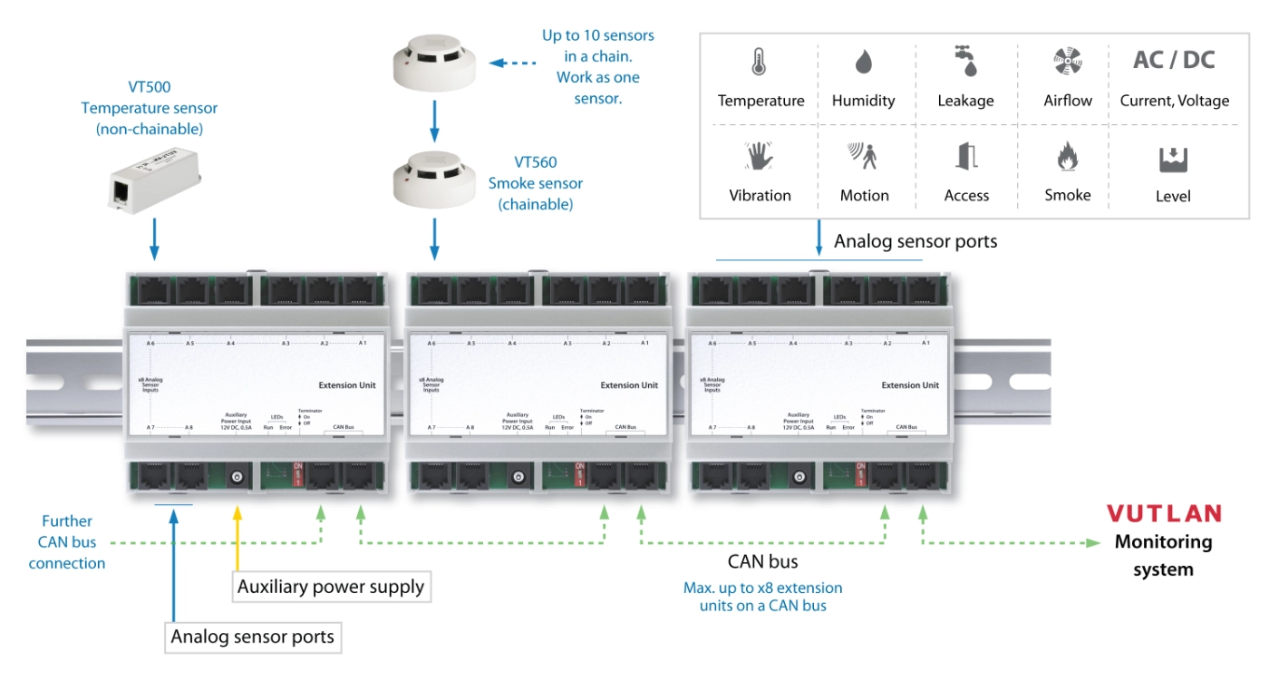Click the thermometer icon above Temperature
[759, 62]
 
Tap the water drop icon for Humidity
[863, 62]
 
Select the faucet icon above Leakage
[964, 61]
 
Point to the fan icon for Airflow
[1067, 62]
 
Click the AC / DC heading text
[1174, 61]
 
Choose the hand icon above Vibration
[760, 156]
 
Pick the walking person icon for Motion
[863, 156]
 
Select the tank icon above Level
[1173, 159]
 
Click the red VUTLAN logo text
[1164, 514]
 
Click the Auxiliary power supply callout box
[330, 587]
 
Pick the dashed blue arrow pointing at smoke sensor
[508, 63]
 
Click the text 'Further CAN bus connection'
[67, 542]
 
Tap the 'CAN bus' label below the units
[762, 561]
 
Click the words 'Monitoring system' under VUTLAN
[1163, 556]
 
